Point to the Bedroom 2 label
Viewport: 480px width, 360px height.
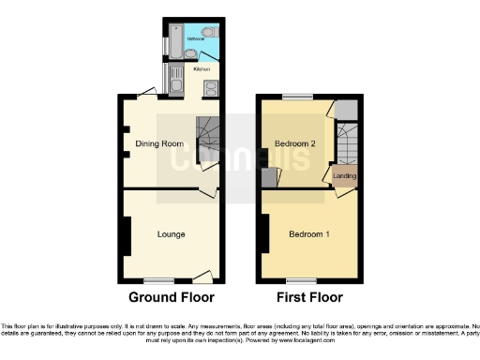coord(292,143)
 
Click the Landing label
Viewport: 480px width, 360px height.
coord(344,175)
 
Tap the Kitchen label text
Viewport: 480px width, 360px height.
coord(201,69)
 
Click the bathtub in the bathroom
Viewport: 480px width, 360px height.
coord(170,42)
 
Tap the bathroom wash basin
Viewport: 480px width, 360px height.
coord(209,52)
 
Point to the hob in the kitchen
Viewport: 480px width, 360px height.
coord(211,88)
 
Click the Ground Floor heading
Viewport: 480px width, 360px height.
coord(171,297)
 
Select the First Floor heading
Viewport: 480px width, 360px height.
coord(307,297)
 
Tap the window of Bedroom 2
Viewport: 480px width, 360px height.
coord(298,96)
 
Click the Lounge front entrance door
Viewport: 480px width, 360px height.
coord(202,276)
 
